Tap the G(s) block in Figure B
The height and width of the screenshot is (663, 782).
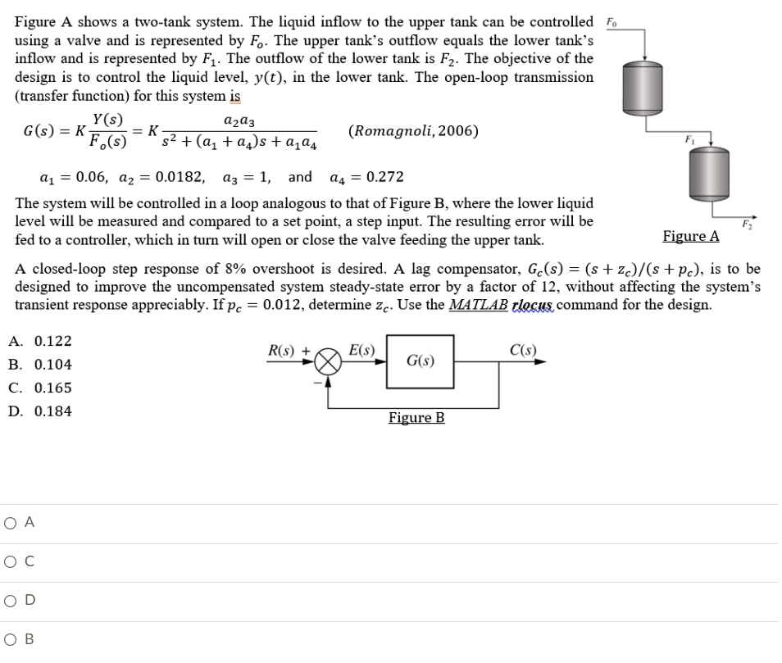pyautogui.click(x=420, y=361)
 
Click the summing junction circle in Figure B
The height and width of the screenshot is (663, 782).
pyautogui.click(x=329, y=361)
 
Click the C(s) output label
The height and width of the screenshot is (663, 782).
pyautogui.click(x=522, y=351)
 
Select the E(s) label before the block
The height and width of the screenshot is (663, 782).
pyautogui.click(x=361, y=351)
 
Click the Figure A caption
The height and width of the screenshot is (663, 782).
pyautogui.click(x=690, y=236)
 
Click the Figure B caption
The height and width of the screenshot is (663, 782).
pyautogui.click(x=416, y=418)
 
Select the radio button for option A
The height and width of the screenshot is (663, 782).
pyautogui.click(x=11, y=522)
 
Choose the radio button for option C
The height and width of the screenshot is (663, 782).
pyautogui.click(x=11, y=561)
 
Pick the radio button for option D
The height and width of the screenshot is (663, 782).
pyautogui.click(x=11, y=600)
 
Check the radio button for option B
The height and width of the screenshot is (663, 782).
pyautogui.click(x=11, y=639)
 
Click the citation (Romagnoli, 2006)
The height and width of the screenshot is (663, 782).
pyautogui.click(x=414, y=131)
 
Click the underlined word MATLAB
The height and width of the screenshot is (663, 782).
pyautogui.click(x=478, y=305)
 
